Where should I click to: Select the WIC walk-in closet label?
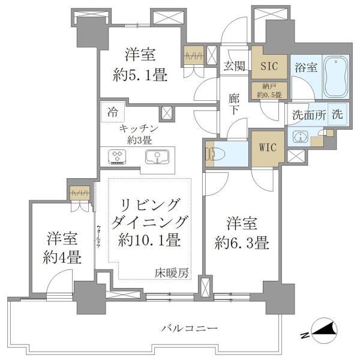point(267,148)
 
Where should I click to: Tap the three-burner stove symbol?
point(117,158)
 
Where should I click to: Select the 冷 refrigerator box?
point(113,111)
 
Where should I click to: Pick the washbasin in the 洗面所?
point(299,137)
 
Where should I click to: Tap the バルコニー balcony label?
point(189,328)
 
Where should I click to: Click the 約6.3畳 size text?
point(243,243)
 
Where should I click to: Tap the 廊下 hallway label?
point(234,102)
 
